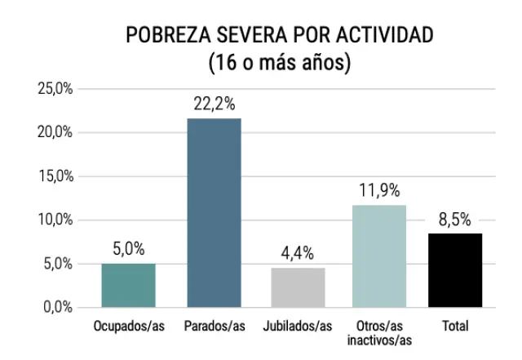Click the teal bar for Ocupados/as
pos(128,285)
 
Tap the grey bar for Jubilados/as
pos(298,287)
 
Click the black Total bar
pos(455,270)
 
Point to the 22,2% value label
pos(214,104)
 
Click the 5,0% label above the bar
pos(128,249)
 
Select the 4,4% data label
pos(298,253)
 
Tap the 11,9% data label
pos(379,190)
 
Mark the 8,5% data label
pos(455,219)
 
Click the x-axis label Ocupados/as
pos(128,327)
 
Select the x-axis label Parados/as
pos(214,327)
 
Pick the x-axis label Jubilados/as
pos(298,327)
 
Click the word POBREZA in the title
pos(167,36)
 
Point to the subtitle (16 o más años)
pos(279,62)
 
